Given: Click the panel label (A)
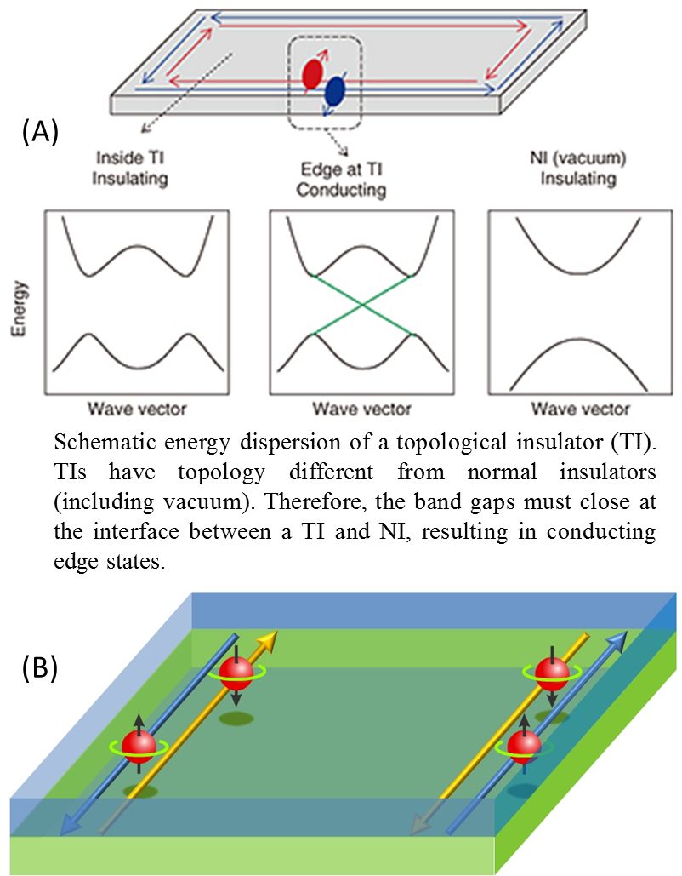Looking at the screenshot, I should point(38,132).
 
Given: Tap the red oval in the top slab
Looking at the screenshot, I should point(312,75).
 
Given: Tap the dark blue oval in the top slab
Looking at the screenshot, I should point(336,89).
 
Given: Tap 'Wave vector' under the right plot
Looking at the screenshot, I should point(581,409).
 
